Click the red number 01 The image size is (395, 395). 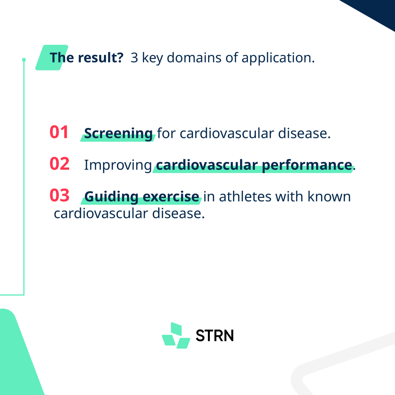tap(59, 132)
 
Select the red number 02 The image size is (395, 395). tap(59, 164)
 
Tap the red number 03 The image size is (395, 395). tap(59, 195)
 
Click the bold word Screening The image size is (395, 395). tap(118, 134)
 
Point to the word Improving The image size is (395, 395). tap(118, 165)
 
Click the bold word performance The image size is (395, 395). tap(307, 165)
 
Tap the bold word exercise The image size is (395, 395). tap(171, 196)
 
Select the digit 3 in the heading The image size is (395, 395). tap(134, 58)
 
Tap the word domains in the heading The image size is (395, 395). tap(194, 58)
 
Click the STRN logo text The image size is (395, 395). tap(215, 336)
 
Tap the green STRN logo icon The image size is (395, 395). tap(176, 336)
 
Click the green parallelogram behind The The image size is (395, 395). tap(52, 58)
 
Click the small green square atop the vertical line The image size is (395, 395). tap(24, 60)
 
